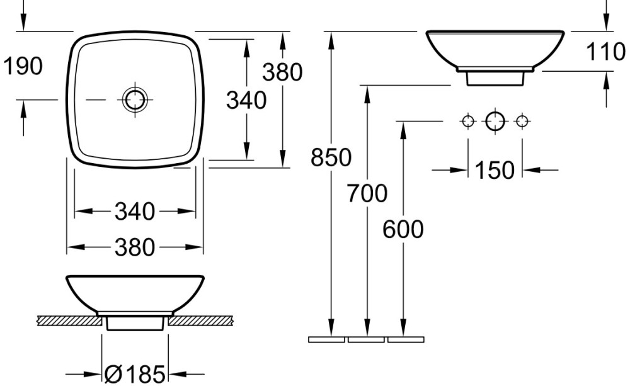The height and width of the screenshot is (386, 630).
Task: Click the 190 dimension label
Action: point(23,66)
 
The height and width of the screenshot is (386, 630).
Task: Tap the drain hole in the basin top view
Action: point(135,99)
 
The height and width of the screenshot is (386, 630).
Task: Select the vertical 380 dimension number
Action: point(282,72)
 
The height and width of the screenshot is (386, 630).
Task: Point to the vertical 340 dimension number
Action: point(246,100)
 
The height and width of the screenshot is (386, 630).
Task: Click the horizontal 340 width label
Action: point(135,212)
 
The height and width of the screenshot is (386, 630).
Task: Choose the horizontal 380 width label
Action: point(135,247)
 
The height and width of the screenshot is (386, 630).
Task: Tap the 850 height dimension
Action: point(331,157)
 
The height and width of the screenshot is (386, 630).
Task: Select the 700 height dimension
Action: point(367,193)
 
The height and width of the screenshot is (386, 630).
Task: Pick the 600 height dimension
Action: point(403,230)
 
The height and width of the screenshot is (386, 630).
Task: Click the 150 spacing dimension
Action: point(495,170)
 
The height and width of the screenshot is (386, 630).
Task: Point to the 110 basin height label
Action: point(605,52)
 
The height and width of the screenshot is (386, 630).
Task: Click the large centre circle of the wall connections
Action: point(495,121)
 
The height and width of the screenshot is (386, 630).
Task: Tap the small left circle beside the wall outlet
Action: point(468,121)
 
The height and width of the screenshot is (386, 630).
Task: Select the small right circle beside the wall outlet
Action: point(522,121)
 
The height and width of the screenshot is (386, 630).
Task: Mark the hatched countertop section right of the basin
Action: point(200,321)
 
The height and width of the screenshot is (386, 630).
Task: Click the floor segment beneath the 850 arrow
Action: point(326,340)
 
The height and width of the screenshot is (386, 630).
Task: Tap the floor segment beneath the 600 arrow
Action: point(406,340)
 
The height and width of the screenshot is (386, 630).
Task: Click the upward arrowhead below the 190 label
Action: point(23,108)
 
